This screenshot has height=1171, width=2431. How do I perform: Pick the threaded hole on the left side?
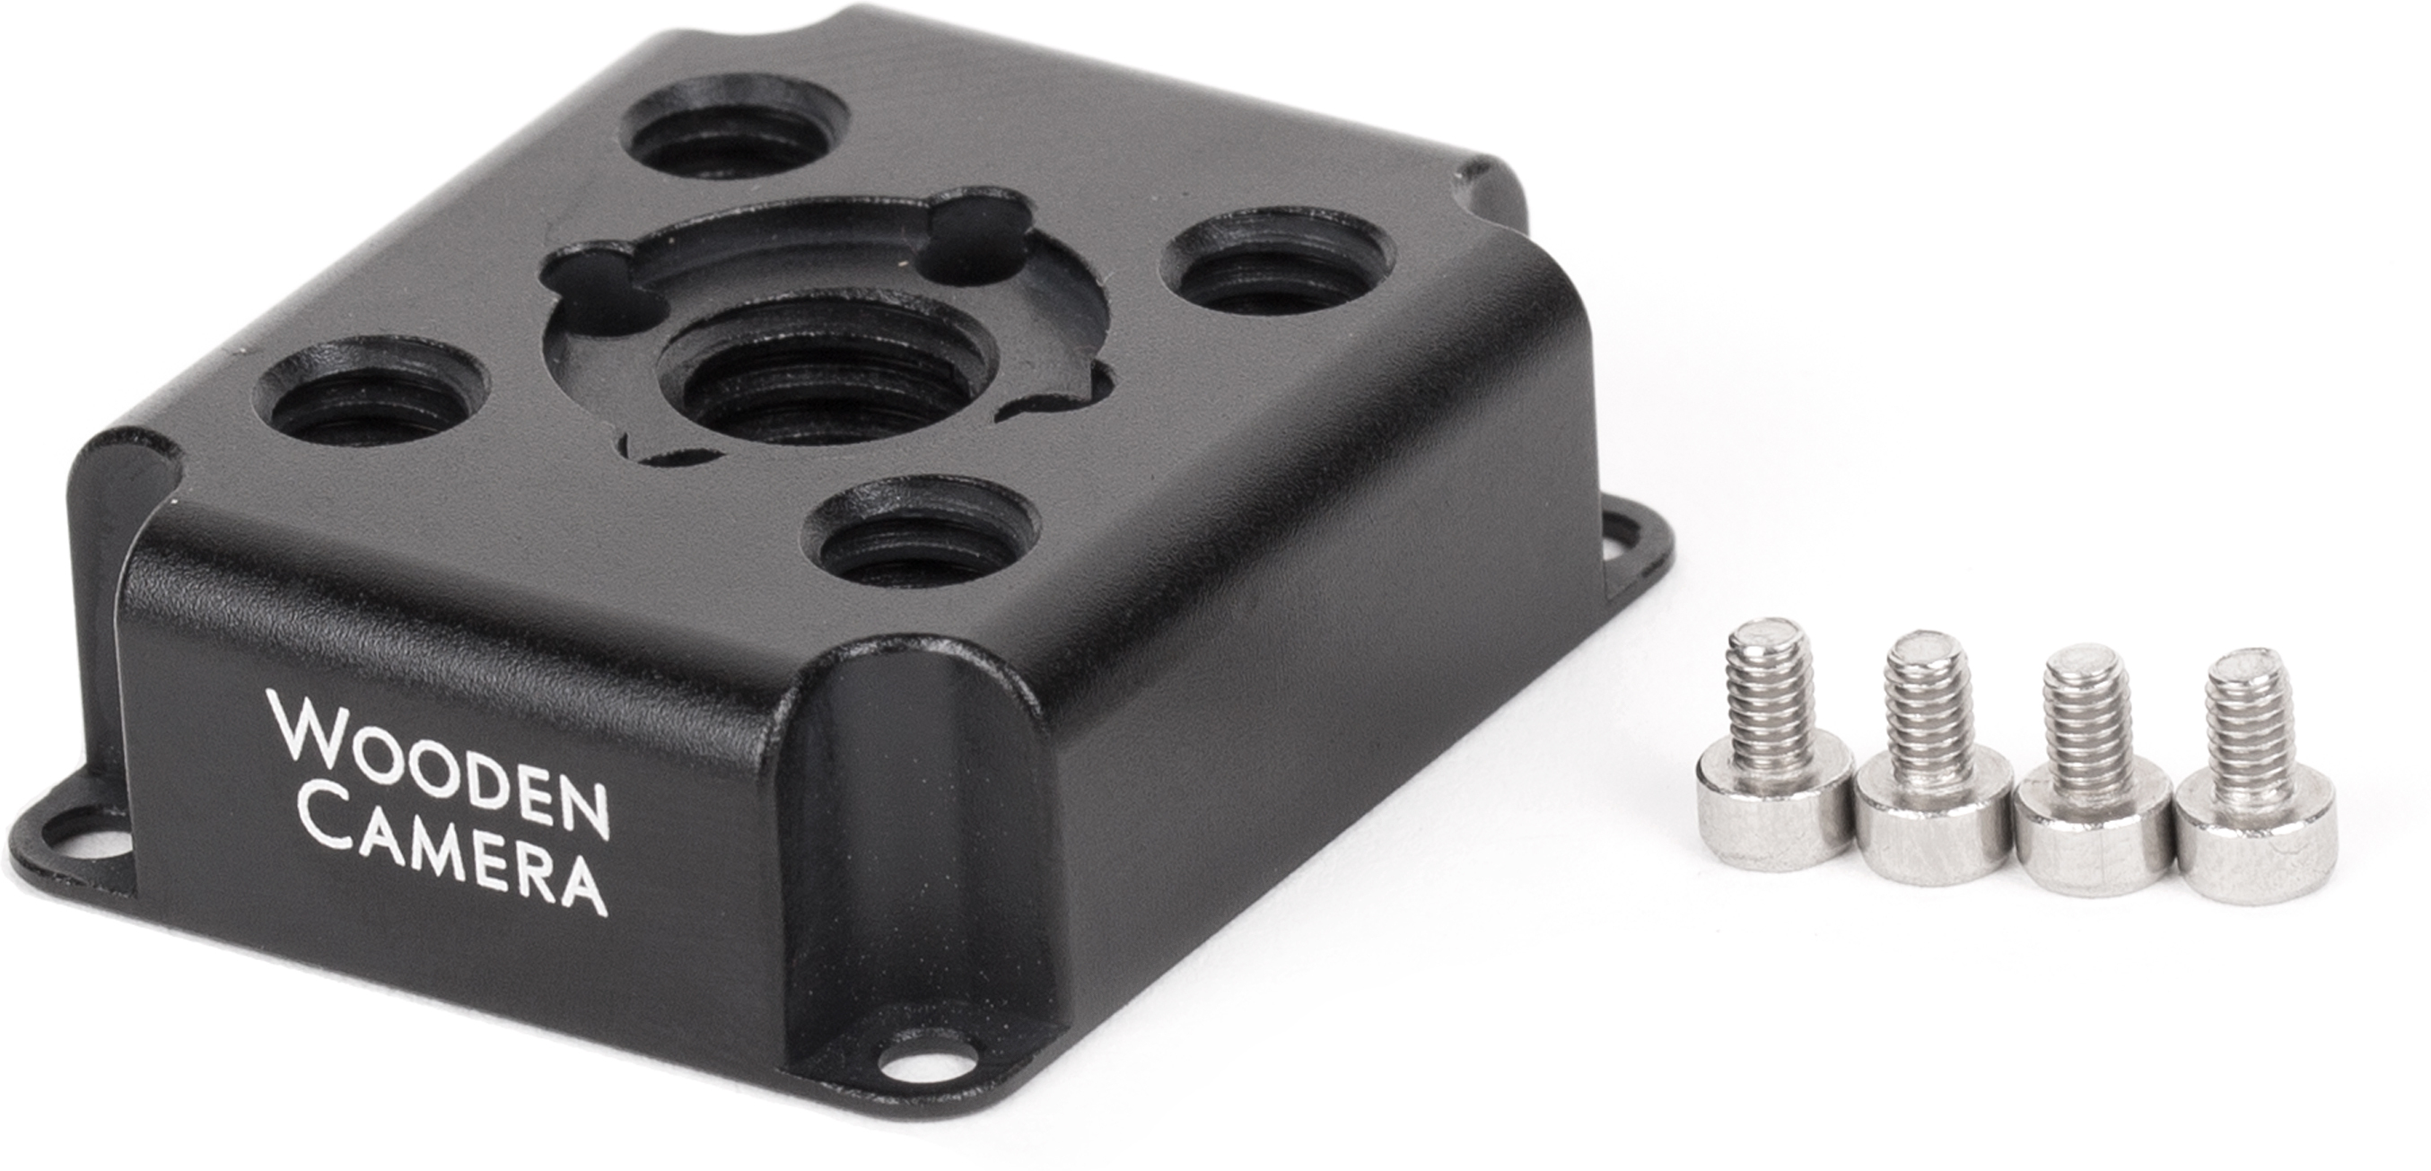point(372,392)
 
